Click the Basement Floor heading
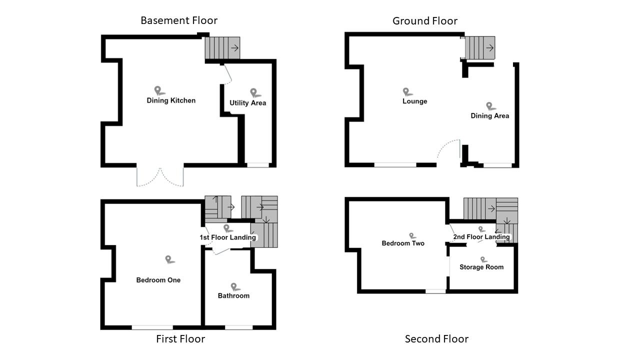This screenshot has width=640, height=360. (x=179, y=20)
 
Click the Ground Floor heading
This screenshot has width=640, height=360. (x=424, y=21)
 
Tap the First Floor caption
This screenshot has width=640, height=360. (x=180, y=339)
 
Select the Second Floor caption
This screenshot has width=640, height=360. (x=436, y=339)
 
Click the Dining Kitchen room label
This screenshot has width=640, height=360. (x=171, y=100)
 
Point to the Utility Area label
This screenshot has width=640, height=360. (x=247, y=103)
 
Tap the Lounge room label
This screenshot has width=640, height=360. (x=414, y=101)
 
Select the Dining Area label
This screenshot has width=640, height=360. (x=489, y=116)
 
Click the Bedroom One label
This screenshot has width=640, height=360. (x=158, y=280)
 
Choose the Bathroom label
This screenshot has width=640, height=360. (x=233, y=295)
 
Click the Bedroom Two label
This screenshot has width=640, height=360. (x=403, y=243)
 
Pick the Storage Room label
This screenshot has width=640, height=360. (x=481, y=267)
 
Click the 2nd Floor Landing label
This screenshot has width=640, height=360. (x=481, y=237)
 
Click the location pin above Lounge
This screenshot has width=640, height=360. (x=407, y=92)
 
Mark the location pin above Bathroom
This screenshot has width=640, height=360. (x=234, y=286)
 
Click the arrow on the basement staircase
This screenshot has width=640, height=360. (x=233, y=48)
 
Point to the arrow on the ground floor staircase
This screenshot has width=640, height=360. (x=490, y=48)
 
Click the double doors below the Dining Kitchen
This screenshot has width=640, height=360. (x=160, y=177)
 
